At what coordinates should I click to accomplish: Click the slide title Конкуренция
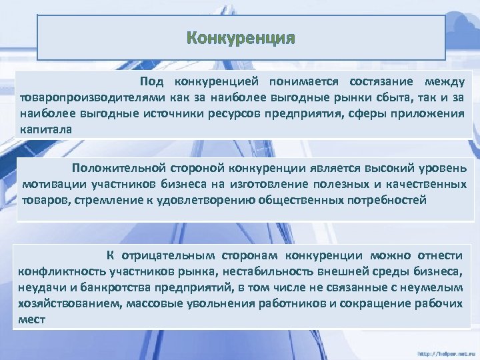[241, 37]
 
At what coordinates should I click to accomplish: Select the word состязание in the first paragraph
[374, 82]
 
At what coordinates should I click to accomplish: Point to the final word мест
[32, 319]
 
